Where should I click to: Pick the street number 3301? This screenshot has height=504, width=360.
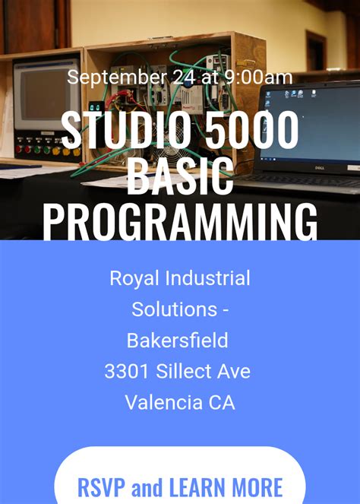click(x=128, y=372)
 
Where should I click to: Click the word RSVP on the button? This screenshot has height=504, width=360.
click(x=103, y=487)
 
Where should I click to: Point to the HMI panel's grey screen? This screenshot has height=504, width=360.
click(x=42, y=97)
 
